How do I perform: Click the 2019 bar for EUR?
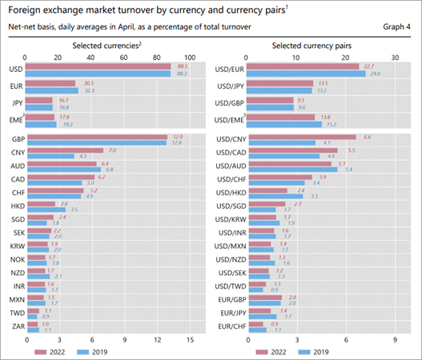(51, 90)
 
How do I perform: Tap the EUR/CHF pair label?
(229, 326)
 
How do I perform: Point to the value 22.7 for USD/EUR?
(369, 66)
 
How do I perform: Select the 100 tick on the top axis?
(190, 58)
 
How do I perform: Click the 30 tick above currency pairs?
(395, 58)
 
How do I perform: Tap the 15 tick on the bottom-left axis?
(190, 340)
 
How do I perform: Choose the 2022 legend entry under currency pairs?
(276, 351)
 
